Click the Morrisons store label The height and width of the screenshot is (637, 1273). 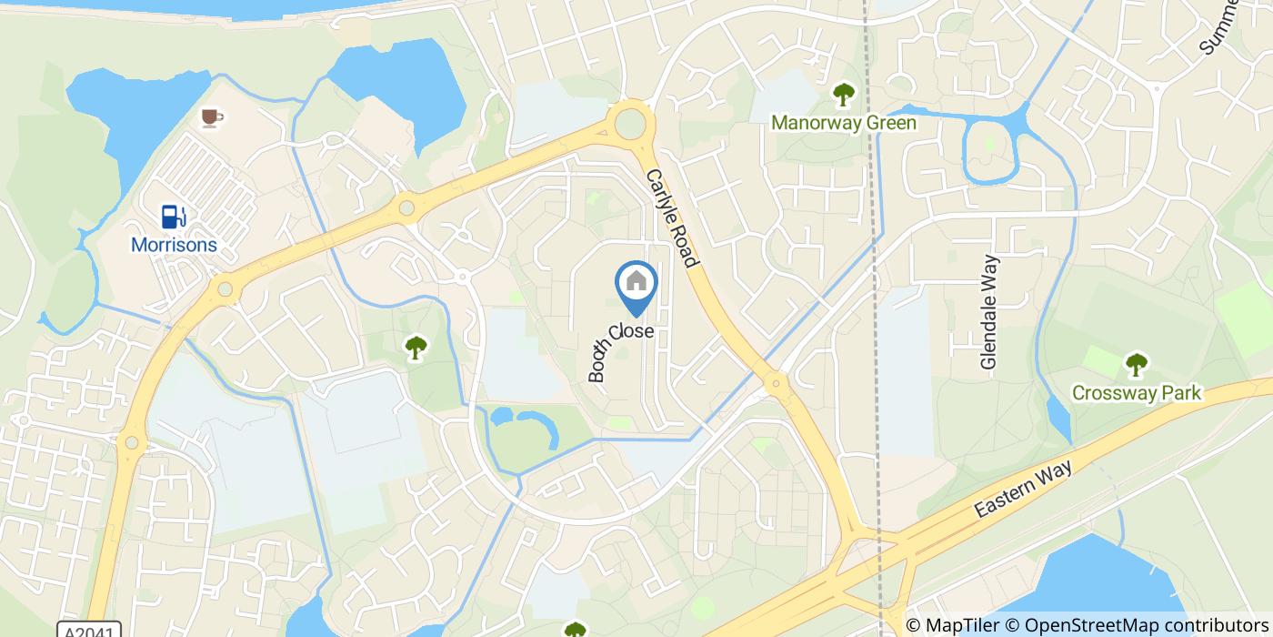point(174,245)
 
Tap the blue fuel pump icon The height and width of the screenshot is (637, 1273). point(174,216)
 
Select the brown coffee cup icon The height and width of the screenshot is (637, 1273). point(212,116)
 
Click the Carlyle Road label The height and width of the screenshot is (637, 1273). point(672,217)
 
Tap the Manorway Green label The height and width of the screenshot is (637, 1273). point(844,122)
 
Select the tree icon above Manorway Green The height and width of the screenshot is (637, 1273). point(844,94)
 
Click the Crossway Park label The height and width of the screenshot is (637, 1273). point(1137,393)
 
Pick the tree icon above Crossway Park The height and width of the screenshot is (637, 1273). point(1136,365)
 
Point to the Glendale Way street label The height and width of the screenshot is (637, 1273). point(990,312)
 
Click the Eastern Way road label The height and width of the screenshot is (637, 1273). point(1024,490)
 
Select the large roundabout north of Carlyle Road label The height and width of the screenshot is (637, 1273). point(629,123)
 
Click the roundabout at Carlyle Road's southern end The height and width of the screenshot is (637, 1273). point(776,383)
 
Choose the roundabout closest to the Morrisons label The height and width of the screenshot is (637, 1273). point(225,290)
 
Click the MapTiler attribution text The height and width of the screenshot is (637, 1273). point(952,625)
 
